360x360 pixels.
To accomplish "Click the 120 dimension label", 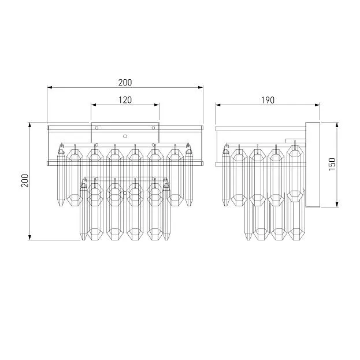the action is (125, 100).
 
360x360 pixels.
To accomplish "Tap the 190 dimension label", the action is (268, 100).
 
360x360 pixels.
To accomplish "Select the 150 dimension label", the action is (332, 164).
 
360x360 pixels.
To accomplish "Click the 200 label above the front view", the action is (125, 83).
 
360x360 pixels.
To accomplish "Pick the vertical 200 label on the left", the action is (25, 181).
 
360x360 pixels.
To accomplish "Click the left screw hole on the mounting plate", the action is (97, 128).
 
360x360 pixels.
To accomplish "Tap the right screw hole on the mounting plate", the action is (153, 128).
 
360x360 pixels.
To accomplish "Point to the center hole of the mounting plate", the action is (125, 136).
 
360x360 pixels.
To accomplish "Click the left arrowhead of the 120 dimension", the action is (94, 105).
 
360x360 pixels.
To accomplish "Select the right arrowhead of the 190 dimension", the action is (317, 105).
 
